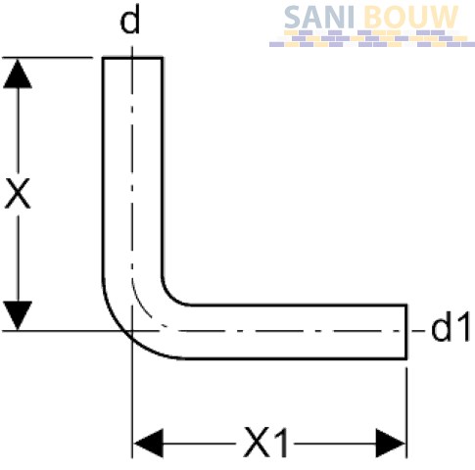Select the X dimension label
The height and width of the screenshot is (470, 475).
(x=18, y=193)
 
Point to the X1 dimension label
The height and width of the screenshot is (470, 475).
(x=265, y=443)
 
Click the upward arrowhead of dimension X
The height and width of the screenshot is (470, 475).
(x=18, y=73)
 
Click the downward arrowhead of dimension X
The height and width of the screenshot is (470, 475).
(x=18, y=315)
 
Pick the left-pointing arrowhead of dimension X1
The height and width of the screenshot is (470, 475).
(x=149, y=444)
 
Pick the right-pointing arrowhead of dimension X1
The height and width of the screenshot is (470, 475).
(x=391, y=444)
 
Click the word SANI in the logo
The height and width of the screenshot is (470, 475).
(x=319, y=17)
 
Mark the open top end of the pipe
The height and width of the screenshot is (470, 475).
(x=133, y=58)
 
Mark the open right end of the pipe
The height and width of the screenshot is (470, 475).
(x=406, y=332)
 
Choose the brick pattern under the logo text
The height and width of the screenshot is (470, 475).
(x=372, y=38)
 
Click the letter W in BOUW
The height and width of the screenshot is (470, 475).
(x=444, y=17)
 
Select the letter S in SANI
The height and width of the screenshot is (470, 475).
(x=293, y=17)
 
